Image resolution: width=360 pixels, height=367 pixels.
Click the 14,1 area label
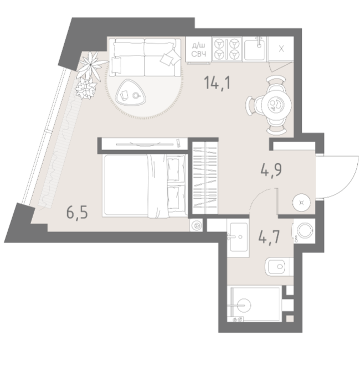(x=218, y=82)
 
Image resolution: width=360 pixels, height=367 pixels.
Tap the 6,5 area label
(x=77, y=213)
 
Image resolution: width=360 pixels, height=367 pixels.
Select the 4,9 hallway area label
(x=271, y=169)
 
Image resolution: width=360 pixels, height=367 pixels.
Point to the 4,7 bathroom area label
(x=269, y=237)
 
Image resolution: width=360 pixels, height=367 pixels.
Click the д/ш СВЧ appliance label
(x=199, y=50)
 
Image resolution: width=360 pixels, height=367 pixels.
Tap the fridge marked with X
(x=281, y=49)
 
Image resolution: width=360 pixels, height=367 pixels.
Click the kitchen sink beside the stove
(x=255, y=49)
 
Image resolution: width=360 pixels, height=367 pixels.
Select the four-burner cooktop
(x=227, y=49)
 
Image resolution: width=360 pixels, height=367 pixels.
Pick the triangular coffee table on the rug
(x=131, y=93)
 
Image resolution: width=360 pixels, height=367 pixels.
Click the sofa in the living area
(x=145, y=58)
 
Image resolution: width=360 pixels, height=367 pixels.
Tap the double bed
(x=145, y=186)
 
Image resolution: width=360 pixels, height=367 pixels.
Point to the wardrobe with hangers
(x=205, y=178)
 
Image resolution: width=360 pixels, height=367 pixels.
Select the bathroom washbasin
(x=238, y=237)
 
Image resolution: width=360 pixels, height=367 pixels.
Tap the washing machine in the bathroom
(x=304, y=231)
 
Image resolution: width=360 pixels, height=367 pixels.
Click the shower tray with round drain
(x=256, y=304)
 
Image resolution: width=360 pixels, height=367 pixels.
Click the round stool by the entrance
(x=301, y=202)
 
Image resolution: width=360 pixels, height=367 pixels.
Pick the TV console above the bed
(x=145, y=144)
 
